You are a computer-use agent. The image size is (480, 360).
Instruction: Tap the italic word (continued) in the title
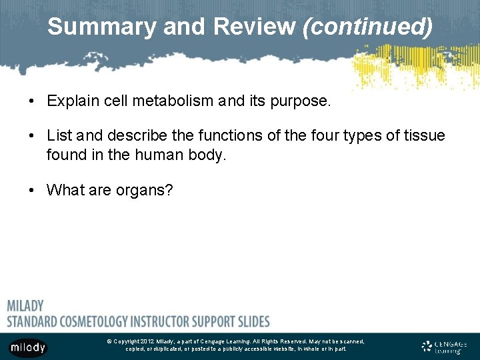pyautogui.click(x=367, y=27)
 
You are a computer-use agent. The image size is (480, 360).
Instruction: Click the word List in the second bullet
pyautogui.click(x=59, y=136)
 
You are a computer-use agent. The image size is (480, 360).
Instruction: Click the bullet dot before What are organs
pyautogui.click(x=32, y=190)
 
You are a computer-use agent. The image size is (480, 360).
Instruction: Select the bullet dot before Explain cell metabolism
pyautogui.click(x=32, y=102)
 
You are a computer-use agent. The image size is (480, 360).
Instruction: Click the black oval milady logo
pyautogui.click(x=27, y=347)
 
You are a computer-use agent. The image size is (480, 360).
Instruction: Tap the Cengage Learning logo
pyautogui.click(x=445, y=346)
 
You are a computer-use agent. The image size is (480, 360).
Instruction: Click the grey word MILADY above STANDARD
pyautogui.click(x=25, y=306)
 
